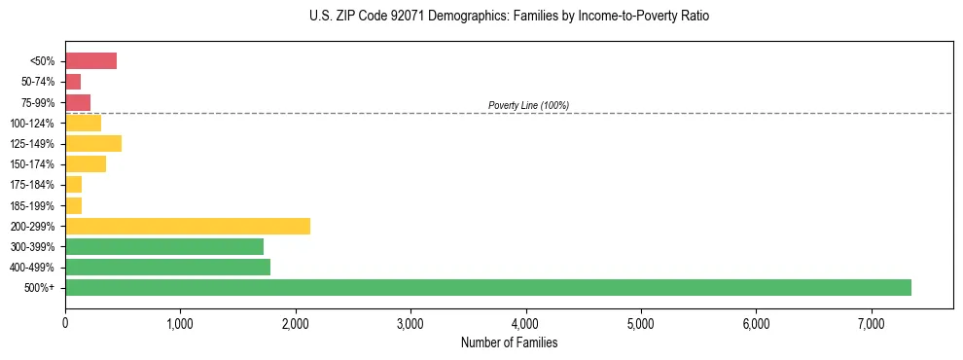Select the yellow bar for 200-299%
(x=188, y=226)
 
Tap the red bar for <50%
(x=90, y=61)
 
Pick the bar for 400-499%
(x=167, y=267)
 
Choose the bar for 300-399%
(x=164, y=246)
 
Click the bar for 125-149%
(x=93, y=144)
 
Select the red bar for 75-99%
(x=78, y=102)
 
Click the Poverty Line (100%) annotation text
(x=528, y=105)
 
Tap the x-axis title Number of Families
(x=509, y=342)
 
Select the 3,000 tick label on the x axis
(x=410, y=323)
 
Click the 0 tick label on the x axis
(x=65, y=323)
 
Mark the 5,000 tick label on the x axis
(x=641, y=323)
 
